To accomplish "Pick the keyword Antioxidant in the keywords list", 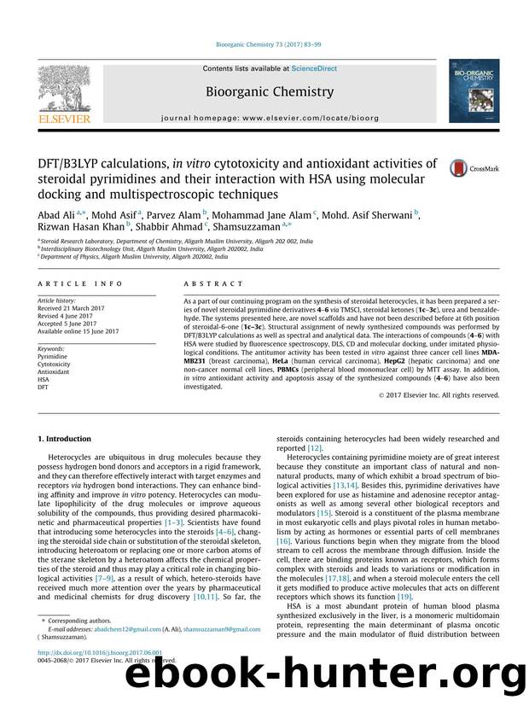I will tap(55, 371).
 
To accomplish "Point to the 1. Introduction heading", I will tap(65, 439).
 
